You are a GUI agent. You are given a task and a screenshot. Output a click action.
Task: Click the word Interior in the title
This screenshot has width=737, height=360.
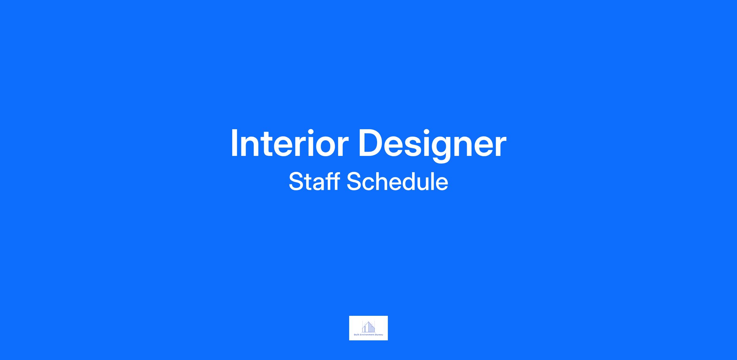290,143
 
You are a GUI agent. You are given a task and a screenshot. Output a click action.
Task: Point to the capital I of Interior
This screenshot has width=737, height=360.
234,143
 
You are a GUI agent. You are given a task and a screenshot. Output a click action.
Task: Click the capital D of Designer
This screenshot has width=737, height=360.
370,143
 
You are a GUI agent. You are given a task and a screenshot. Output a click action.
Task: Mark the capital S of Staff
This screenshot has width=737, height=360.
296,181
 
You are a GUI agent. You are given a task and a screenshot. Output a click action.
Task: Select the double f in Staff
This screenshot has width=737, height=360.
331,181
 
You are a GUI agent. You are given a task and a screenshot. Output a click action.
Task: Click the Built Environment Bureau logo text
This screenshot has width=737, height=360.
368,335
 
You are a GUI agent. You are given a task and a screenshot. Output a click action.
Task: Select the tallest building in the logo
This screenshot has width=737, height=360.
368,327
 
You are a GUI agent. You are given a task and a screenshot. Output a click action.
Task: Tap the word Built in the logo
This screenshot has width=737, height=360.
357,335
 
